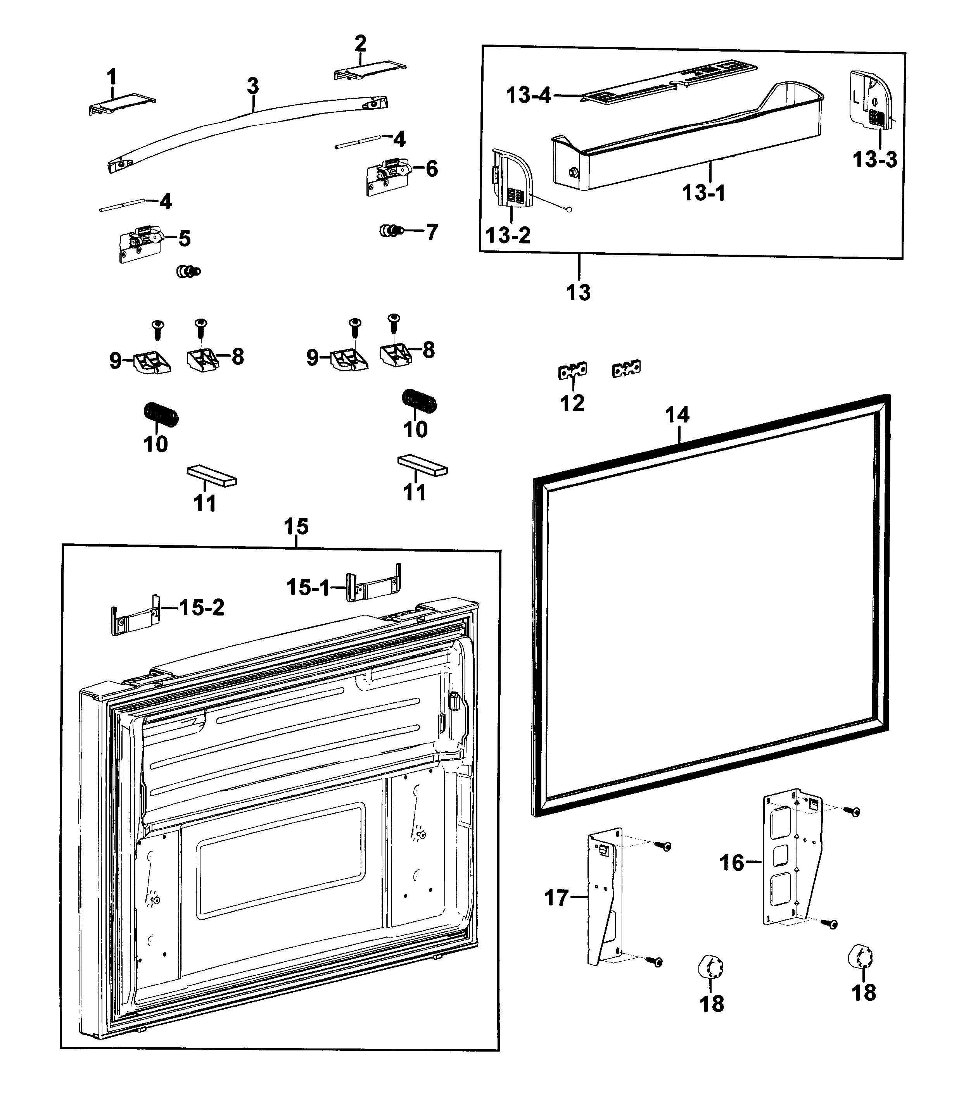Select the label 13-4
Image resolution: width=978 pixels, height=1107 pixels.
click(x=528, y=95)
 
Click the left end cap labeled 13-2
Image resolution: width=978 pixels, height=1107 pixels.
click(x=511, y=179)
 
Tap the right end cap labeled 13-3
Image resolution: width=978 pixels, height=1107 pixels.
click(x=870, y=100)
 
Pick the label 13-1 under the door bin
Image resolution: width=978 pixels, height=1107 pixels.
click(x=703, y=193)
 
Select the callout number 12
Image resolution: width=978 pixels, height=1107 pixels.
click(x=572, y=403)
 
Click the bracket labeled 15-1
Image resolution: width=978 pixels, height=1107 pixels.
click(x=373, y=585)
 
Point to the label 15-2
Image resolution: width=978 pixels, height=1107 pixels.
click(x=202, y=608)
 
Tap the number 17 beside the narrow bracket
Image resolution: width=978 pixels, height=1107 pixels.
click(x=556, y=898)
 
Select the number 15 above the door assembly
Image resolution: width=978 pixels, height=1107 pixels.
click(x=296, y=526)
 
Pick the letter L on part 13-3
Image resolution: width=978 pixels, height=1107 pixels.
click(x=856, y=98)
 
